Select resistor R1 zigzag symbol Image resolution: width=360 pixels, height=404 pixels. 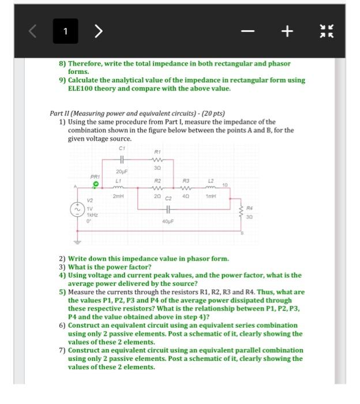(x=157, y=160)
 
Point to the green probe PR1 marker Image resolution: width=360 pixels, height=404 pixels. (x=96, y=185)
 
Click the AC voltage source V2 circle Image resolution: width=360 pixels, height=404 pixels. (x=76, y=211)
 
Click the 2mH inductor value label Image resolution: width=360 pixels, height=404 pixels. (x=119, y=196)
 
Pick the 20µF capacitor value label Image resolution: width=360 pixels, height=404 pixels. (x=121, y=172)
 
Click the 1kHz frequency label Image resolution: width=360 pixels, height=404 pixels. (x=92, y=214)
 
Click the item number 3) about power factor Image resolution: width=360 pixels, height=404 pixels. (x=62, y=267)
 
